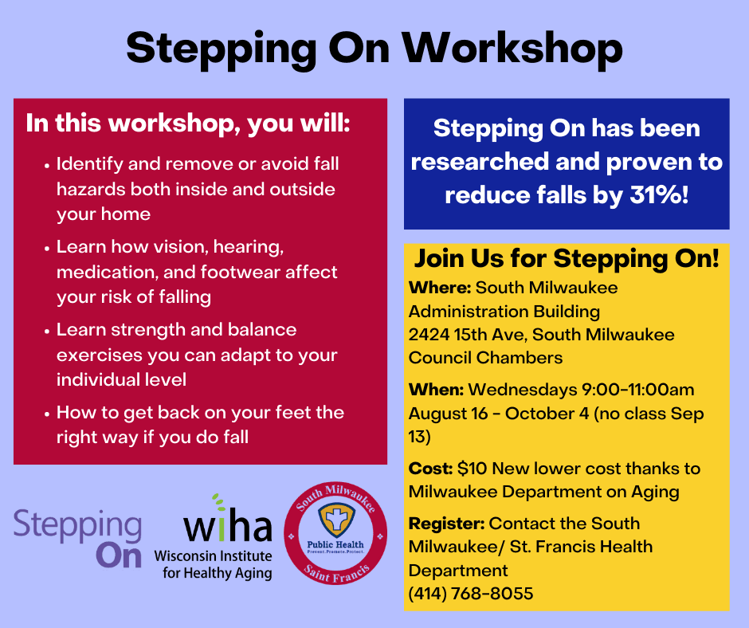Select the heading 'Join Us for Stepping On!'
[567, 259]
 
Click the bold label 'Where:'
[440, 288]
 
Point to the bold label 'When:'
[436, 390]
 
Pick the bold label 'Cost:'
[431, 469]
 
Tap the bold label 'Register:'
[447, 524]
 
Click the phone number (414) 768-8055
[471, 594]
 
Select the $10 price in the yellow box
[472, 469]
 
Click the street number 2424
[429, 335]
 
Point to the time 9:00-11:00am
[637, 390]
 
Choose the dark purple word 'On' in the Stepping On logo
[119, 556]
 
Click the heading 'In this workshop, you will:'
[188, 124]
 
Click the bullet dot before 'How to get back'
[47, 414]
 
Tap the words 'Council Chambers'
[485, 358]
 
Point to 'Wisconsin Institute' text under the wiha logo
[213, 556]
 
